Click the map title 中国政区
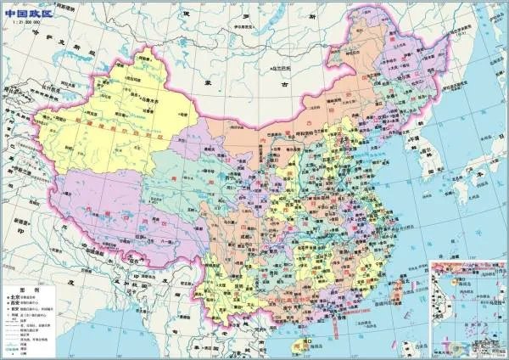pyautogui.click(x=25, y=9)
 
